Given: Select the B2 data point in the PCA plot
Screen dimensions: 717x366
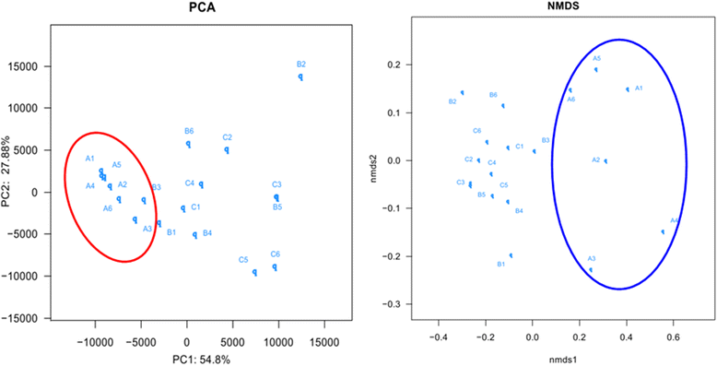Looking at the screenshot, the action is [x=300, y=77].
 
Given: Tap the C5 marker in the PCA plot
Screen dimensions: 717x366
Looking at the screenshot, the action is [x=254, y=272].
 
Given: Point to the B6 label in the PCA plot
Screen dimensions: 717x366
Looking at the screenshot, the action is [x=189, y=131].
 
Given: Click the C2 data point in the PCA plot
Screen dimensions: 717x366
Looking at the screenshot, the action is [x=227, y=149].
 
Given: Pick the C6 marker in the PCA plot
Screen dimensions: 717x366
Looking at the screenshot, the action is [x=275, y=266].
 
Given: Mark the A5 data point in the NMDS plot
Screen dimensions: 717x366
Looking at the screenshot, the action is [x=596, y=69].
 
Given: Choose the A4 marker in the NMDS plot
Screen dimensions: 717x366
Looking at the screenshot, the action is [x=663, y=231].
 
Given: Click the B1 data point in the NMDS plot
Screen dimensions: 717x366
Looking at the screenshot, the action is [x=511, y=255].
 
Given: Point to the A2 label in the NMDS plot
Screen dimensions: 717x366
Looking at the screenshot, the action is [x=596, y=160].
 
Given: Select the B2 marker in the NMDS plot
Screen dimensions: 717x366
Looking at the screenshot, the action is [x=463, y=92].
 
